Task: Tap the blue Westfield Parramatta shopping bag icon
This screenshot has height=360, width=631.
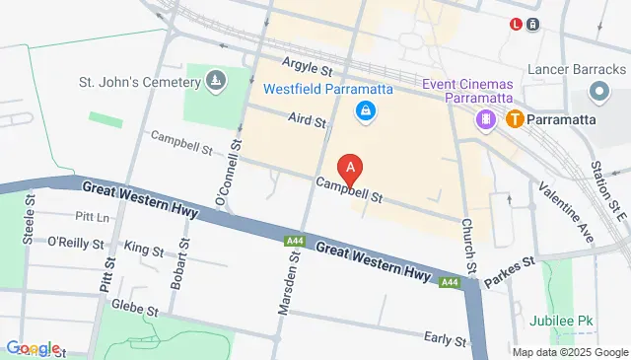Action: click(366, 110)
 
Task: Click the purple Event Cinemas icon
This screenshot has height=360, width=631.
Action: click(486, 119)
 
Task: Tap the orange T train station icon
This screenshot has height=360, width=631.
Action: click(515, 119)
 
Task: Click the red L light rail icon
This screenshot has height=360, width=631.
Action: click(516, 25)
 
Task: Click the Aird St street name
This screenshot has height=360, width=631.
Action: click(308, 120)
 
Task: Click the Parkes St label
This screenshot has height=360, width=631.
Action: click(514, 263)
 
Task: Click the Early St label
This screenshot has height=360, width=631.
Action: click(445, 339)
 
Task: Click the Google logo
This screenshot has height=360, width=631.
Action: click(33, 348)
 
